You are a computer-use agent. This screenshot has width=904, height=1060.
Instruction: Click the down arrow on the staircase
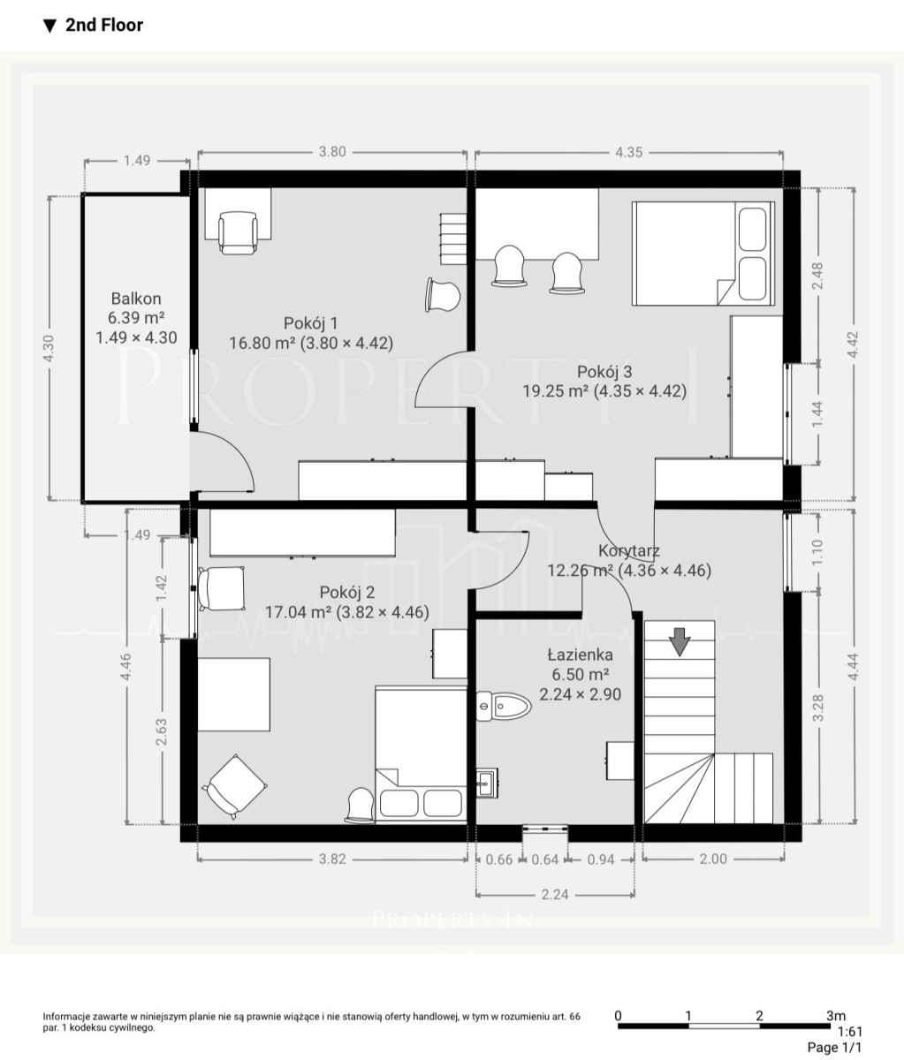pyautogui.click(x=680, y=641)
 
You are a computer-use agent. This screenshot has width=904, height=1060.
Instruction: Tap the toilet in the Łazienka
pyautogui.click(x=503, y=706)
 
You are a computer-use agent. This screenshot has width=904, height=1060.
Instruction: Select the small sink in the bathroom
pyautogui.click(x=486, y=783)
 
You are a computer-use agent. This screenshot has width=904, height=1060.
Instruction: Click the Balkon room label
pyautogui.click(x=136, y=299)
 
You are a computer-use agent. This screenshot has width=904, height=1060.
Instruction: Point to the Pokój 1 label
pyautogui.click(x=311, y=323)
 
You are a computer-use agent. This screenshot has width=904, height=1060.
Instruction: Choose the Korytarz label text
pyautogui.click(x=629, y=551)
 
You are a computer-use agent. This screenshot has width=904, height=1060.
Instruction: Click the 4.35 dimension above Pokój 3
pyautogui.click(x=629, y=152)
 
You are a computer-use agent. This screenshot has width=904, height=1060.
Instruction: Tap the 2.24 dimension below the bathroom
pyautogui.click(x=555, y=894)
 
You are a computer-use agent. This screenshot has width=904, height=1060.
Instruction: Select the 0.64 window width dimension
pyautogui.click(x=545, y=859)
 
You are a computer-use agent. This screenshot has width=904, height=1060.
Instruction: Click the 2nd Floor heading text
pyautogui.click(x=104, y=25)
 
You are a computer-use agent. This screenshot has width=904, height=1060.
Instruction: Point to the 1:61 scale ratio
pyautogui.click(x=850, y=1031)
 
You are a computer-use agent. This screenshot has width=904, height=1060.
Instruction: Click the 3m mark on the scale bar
pyautogui.click(x=836, y=1015)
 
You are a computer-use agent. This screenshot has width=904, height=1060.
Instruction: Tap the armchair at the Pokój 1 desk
pyautogui.click(x=238, y=233)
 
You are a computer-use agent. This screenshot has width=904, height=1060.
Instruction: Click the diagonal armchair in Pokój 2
pyautogui.click(x=234, y=787)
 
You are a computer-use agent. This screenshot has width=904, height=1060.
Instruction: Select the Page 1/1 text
pyautogui.click(x=835, y=1047)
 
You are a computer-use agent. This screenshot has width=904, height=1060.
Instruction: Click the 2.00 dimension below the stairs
pyautogui.click(x=713, y=859)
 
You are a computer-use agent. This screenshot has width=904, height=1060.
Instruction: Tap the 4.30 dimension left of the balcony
pyautogui.click(x=49, y=348)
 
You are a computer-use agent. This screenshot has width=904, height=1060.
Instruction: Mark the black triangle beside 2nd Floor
pyautogui.click(x=49, y=26)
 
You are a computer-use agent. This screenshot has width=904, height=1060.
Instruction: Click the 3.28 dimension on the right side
pyautogui.click(x=817, y=708)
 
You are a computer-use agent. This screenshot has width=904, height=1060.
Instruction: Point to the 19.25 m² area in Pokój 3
pyautogui.click(x=555, y=391)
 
